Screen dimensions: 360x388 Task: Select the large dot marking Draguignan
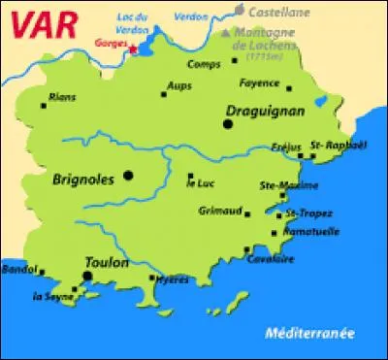coord(228,124)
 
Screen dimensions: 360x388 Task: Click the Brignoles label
coord(86,179)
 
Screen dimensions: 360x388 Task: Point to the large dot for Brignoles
coord(129,176)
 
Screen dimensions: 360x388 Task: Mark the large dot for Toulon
coord(88,276)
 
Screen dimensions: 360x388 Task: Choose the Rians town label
coord(62,95)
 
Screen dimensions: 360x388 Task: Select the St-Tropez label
coord(303,213)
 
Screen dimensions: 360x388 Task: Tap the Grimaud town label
coord(218,210)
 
